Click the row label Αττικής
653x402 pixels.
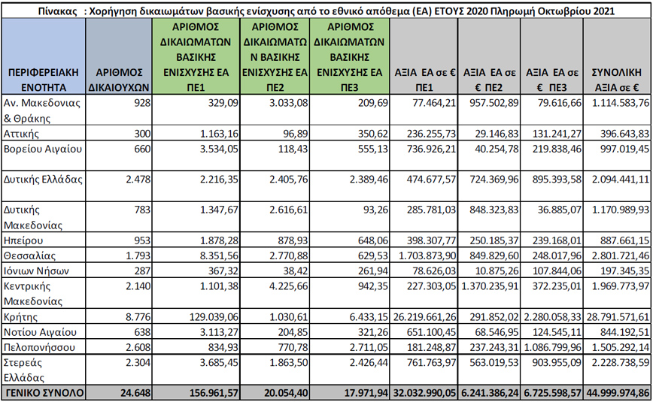[22, 133]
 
